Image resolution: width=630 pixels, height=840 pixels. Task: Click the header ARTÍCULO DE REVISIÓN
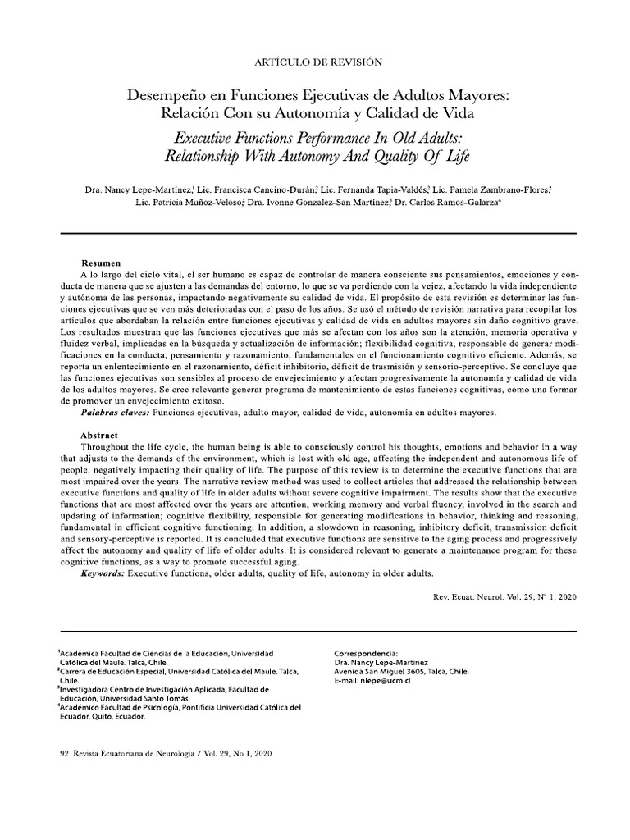314,62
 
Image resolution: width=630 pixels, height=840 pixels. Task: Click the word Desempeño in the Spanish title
161,96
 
